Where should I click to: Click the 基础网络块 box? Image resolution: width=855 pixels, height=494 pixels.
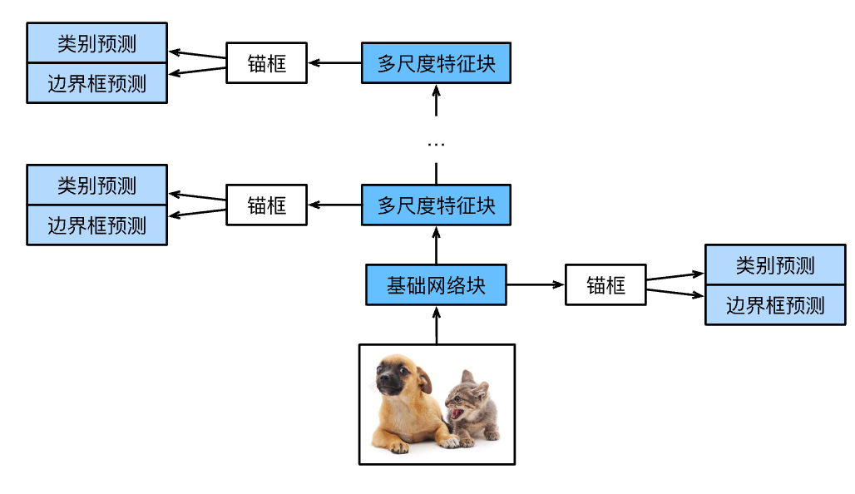[437, 285]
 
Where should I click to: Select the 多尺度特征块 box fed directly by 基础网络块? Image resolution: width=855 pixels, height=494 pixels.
[436, 205]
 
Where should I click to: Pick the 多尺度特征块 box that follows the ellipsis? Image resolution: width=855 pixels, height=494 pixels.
[436, 63]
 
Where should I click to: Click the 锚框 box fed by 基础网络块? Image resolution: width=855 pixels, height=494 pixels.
[605, 285]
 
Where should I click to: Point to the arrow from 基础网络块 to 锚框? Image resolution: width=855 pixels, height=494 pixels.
[536, 285]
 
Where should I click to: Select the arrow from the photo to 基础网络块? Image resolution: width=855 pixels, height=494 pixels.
[436, 325]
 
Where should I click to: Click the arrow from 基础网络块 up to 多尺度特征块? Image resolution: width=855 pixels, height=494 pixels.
[436, 245]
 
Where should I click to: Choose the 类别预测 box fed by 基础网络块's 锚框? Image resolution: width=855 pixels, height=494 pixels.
[775, 265]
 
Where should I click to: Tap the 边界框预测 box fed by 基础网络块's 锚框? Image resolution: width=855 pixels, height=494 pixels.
[775, 305]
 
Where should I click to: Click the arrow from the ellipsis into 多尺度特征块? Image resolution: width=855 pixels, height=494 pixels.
[436, 101]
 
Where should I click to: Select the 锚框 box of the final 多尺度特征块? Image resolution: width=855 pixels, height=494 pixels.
[266, 63]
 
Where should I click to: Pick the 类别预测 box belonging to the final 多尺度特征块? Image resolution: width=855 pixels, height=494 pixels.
[96, 43]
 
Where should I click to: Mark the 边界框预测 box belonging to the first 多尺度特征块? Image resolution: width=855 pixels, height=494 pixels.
[96, 225]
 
